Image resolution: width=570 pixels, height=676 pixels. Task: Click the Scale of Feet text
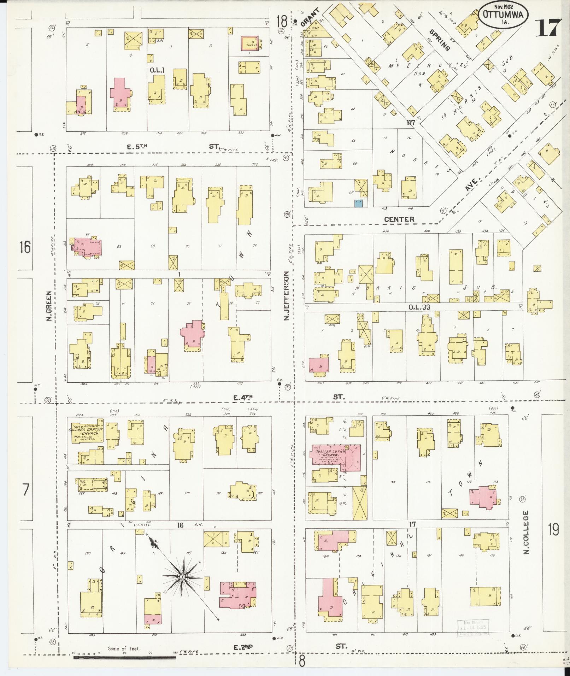124,648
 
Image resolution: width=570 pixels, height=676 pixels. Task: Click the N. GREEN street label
49,306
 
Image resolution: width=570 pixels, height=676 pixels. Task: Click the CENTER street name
399,219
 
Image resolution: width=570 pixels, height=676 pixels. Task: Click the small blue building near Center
359,203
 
